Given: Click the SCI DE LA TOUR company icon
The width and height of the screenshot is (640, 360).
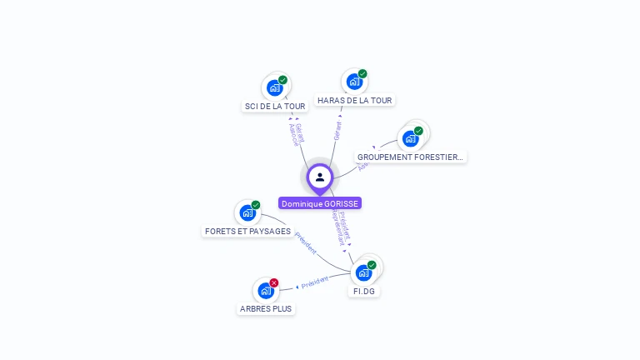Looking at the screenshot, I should [274, 87].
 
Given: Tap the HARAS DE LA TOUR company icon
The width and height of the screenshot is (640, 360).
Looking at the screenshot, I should [354, 82].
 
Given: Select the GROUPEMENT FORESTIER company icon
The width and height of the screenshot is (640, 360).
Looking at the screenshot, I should [410, 138].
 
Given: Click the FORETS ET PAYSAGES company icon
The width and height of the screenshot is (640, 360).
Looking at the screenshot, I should [247, 212].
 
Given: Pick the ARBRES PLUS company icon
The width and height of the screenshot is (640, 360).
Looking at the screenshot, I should [265, 291].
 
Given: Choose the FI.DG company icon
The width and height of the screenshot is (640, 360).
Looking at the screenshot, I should [363, 272].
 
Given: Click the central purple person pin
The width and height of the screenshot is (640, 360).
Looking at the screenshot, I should [320, 177].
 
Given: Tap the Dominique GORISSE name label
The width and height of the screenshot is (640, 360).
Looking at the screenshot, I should [320, 203].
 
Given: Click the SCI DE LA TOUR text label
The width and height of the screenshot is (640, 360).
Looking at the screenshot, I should [275, 107].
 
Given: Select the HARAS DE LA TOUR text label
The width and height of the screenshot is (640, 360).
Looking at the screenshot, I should [354, 101].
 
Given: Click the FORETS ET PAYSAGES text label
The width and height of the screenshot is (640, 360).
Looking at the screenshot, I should [247, 231].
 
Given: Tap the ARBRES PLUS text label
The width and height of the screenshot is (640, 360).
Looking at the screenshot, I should [266, 308].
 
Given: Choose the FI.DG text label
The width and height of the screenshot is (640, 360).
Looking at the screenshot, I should [364, 292].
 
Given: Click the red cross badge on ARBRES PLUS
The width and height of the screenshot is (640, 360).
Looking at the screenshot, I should [274, 282].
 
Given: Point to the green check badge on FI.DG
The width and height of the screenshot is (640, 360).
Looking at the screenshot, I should [372, 265].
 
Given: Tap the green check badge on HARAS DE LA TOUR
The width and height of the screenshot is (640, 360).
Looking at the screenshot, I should [362, 73].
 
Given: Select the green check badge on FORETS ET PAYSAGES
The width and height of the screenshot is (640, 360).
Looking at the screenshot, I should [256, 205].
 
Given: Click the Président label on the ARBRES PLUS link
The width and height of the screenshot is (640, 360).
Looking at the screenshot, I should [314, 282].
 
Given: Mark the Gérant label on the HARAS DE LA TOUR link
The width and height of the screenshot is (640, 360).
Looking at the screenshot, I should [337, 131].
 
